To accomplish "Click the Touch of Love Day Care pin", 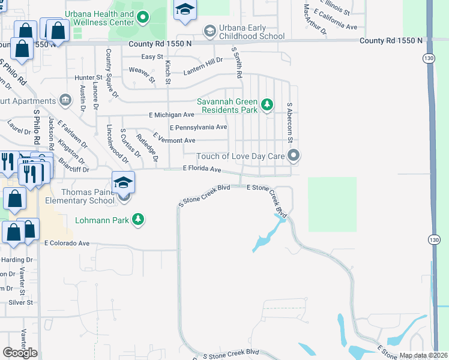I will point(294,157).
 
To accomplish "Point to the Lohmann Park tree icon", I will point(139,220).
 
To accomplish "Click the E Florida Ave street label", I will point(205,169).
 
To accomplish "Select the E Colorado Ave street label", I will point(67,244).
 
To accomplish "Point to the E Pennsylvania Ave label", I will point(198,128).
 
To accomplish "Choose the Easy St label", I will point(152,57).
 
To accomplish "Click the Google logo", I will point(20,353).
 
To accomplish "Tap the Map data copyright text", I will point(423,355).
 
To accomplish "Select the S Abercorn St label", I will point(289,122).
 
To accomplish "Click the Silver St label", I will point(20,303).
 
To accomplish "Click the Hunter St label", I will point(88,77).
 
